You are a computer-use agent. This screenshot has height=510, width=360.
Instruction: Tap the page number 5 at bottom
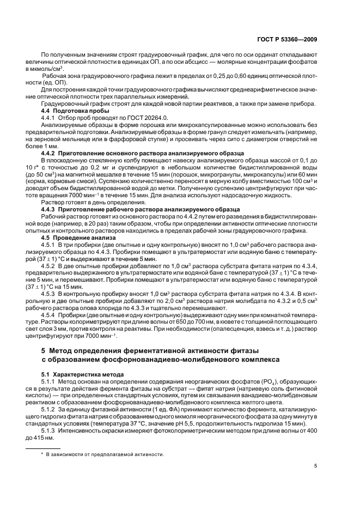315,465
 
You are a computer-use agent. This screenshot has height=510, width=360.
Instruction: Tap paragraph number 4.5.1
51,244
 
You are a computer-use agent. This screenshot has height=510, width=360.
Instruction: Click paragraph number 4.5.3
51,293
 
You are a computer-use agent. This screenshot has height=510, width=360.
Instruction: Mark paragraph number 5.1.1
51,382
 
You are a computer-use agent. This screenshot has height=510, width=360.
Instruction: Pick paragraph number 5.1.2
51,408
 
